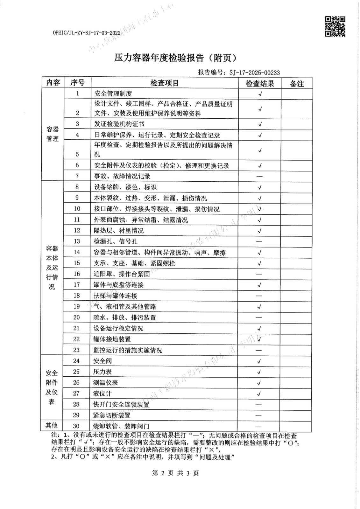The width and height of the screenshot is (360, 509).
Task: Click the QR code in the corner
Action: (335, 26)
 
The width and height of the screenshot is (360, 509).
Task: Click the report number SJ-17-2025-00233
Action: (254, 73)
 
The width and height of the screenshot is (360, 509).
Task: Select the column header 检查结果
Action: (259, 83)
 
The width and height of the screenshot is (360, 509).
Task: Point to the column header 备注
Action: (297, 83)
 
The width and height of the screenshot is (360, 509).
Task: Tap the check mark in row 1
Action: (260, 94)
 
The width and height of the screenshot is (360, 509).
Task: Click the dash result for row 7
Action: (259, 176)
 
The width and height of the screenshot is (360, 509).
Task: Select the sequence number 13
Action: (77, 241)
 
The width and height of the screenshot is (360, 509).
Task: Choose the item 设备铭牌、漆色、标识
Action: (125, 187)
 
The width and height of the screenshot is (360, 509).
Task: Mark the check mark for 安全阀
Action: (259, 361)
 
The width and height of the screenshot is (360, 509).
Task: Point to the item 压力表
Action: (102, 372)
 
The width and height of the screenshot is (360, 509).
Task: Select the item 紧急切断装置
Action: (112, 415)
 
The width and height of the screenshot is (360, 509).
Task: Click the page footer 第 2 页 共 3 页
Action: (175, 473)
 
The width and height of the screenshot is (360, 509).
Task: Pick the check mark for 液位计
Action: (259, 394)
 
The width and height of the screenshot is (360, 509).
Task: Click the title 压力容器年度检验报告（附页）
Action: (175, 58)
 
